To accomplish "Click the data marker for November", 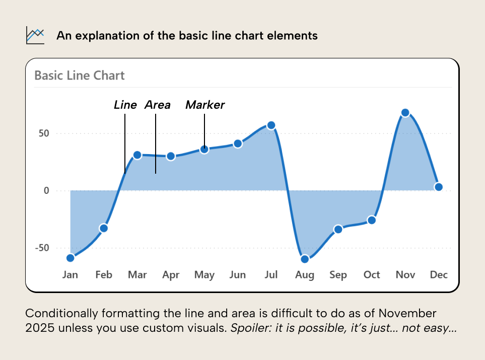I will [405, 113].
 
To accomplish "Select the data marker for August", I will [305, 259].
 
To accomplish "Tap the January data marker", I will [71, 258].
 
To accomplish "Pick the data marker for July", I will [271, 125].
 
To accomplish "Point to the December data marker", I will [439, 187].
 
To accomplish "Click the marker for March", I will [137, 155].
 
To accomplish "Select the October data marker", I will [372, 220].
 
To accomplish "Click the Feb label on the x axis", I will [104, 275].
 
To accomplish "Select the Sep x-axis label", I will [338, 275].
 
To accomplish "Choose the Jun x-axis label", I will [237, 275].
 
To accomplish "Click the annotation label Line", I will [125, 105].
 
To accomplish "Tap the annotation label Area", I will [158, 105].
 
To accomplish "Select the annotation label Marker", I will [205, 105].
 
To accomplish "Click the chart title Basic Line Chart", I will [80, 76].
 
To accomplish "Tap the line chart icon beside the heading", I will [35, 36].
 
